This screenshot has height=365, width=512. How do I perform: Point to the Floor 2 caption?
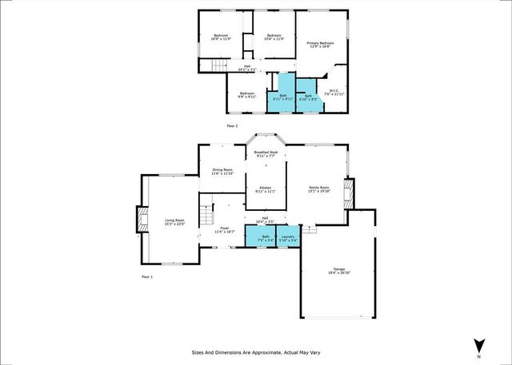233,126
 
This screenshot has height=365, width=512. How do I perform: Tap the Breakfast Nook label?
266,153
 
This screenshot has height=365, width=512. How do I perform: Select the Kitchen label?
266,190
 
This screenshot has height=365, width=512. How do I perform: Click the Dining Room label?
222,171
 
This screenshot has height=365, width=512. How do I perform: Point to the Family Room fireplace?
346,192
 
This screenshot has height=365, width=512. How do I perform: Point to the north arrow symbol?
478,345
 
